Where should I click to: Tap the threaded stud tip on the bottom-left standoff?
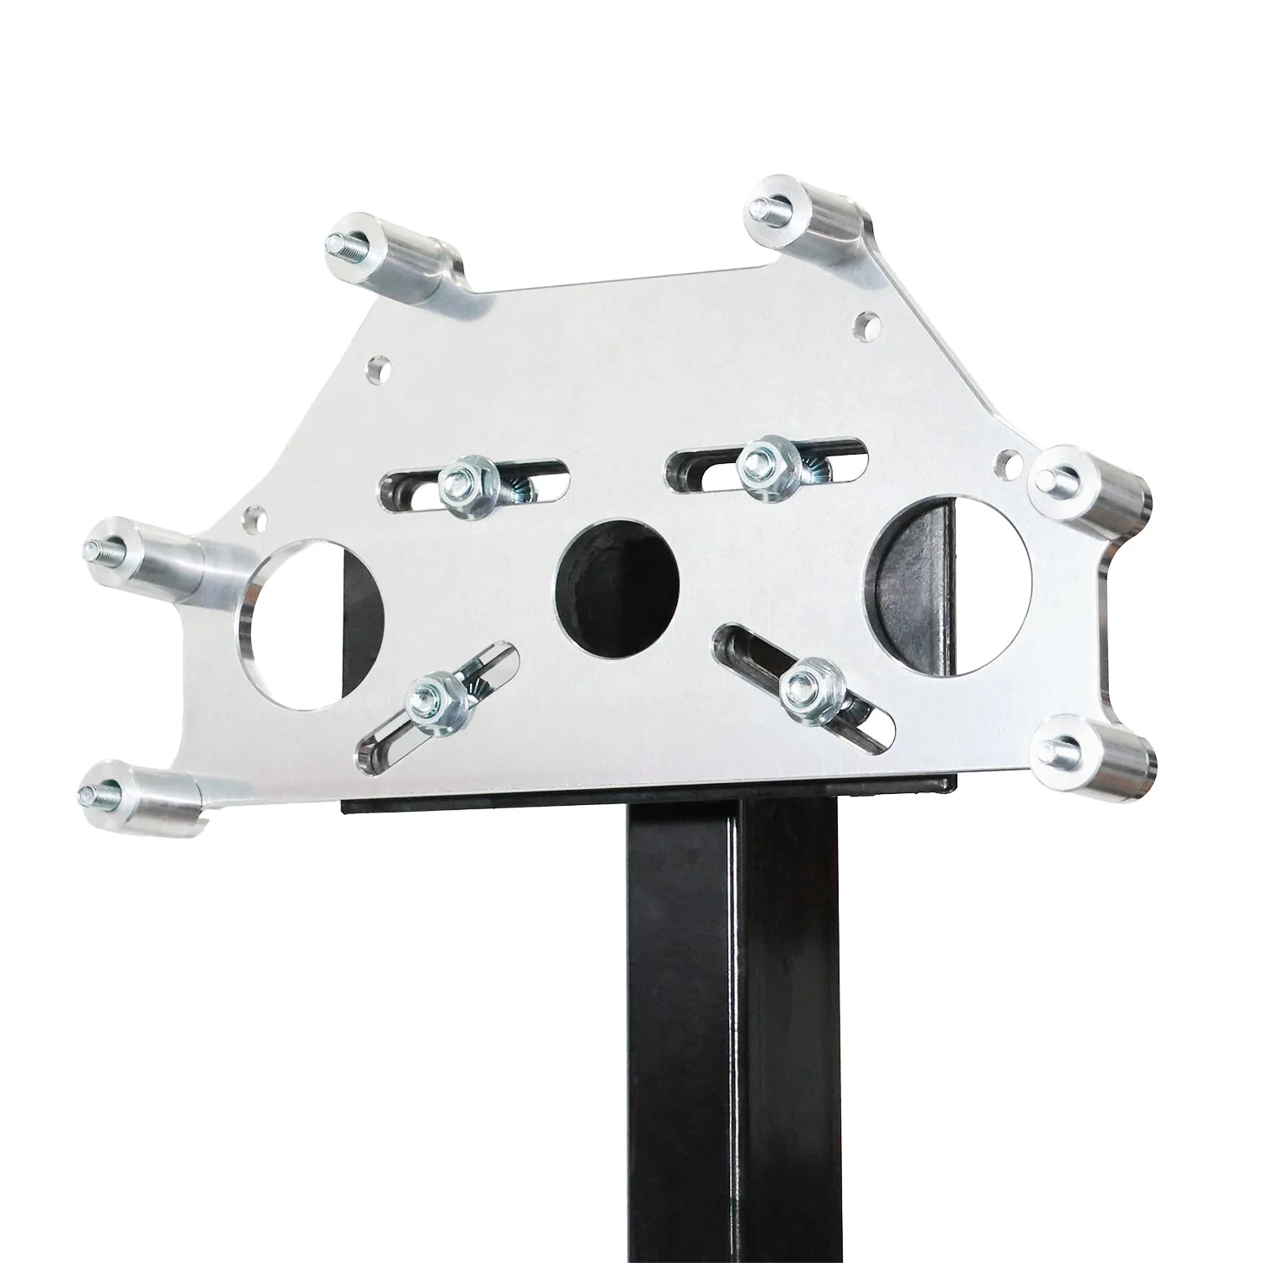click(x=89, y=791)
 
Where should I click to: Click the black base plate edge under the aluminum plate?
click(x=648, y=804)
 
